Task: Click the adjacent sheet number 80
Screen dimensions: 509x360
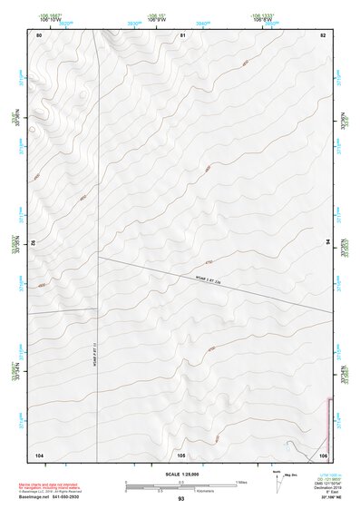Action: coord(39,34)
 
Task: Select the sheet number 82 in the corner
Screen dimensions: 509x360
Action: coord(323,34)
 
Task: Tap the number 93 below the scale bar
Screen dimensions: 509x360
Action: coord(181,499)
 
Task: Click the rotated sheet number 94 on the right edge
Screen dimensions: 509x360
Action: coord(327,242)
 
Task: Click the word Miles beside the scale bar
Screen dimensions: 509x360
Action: coord(241,481)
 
